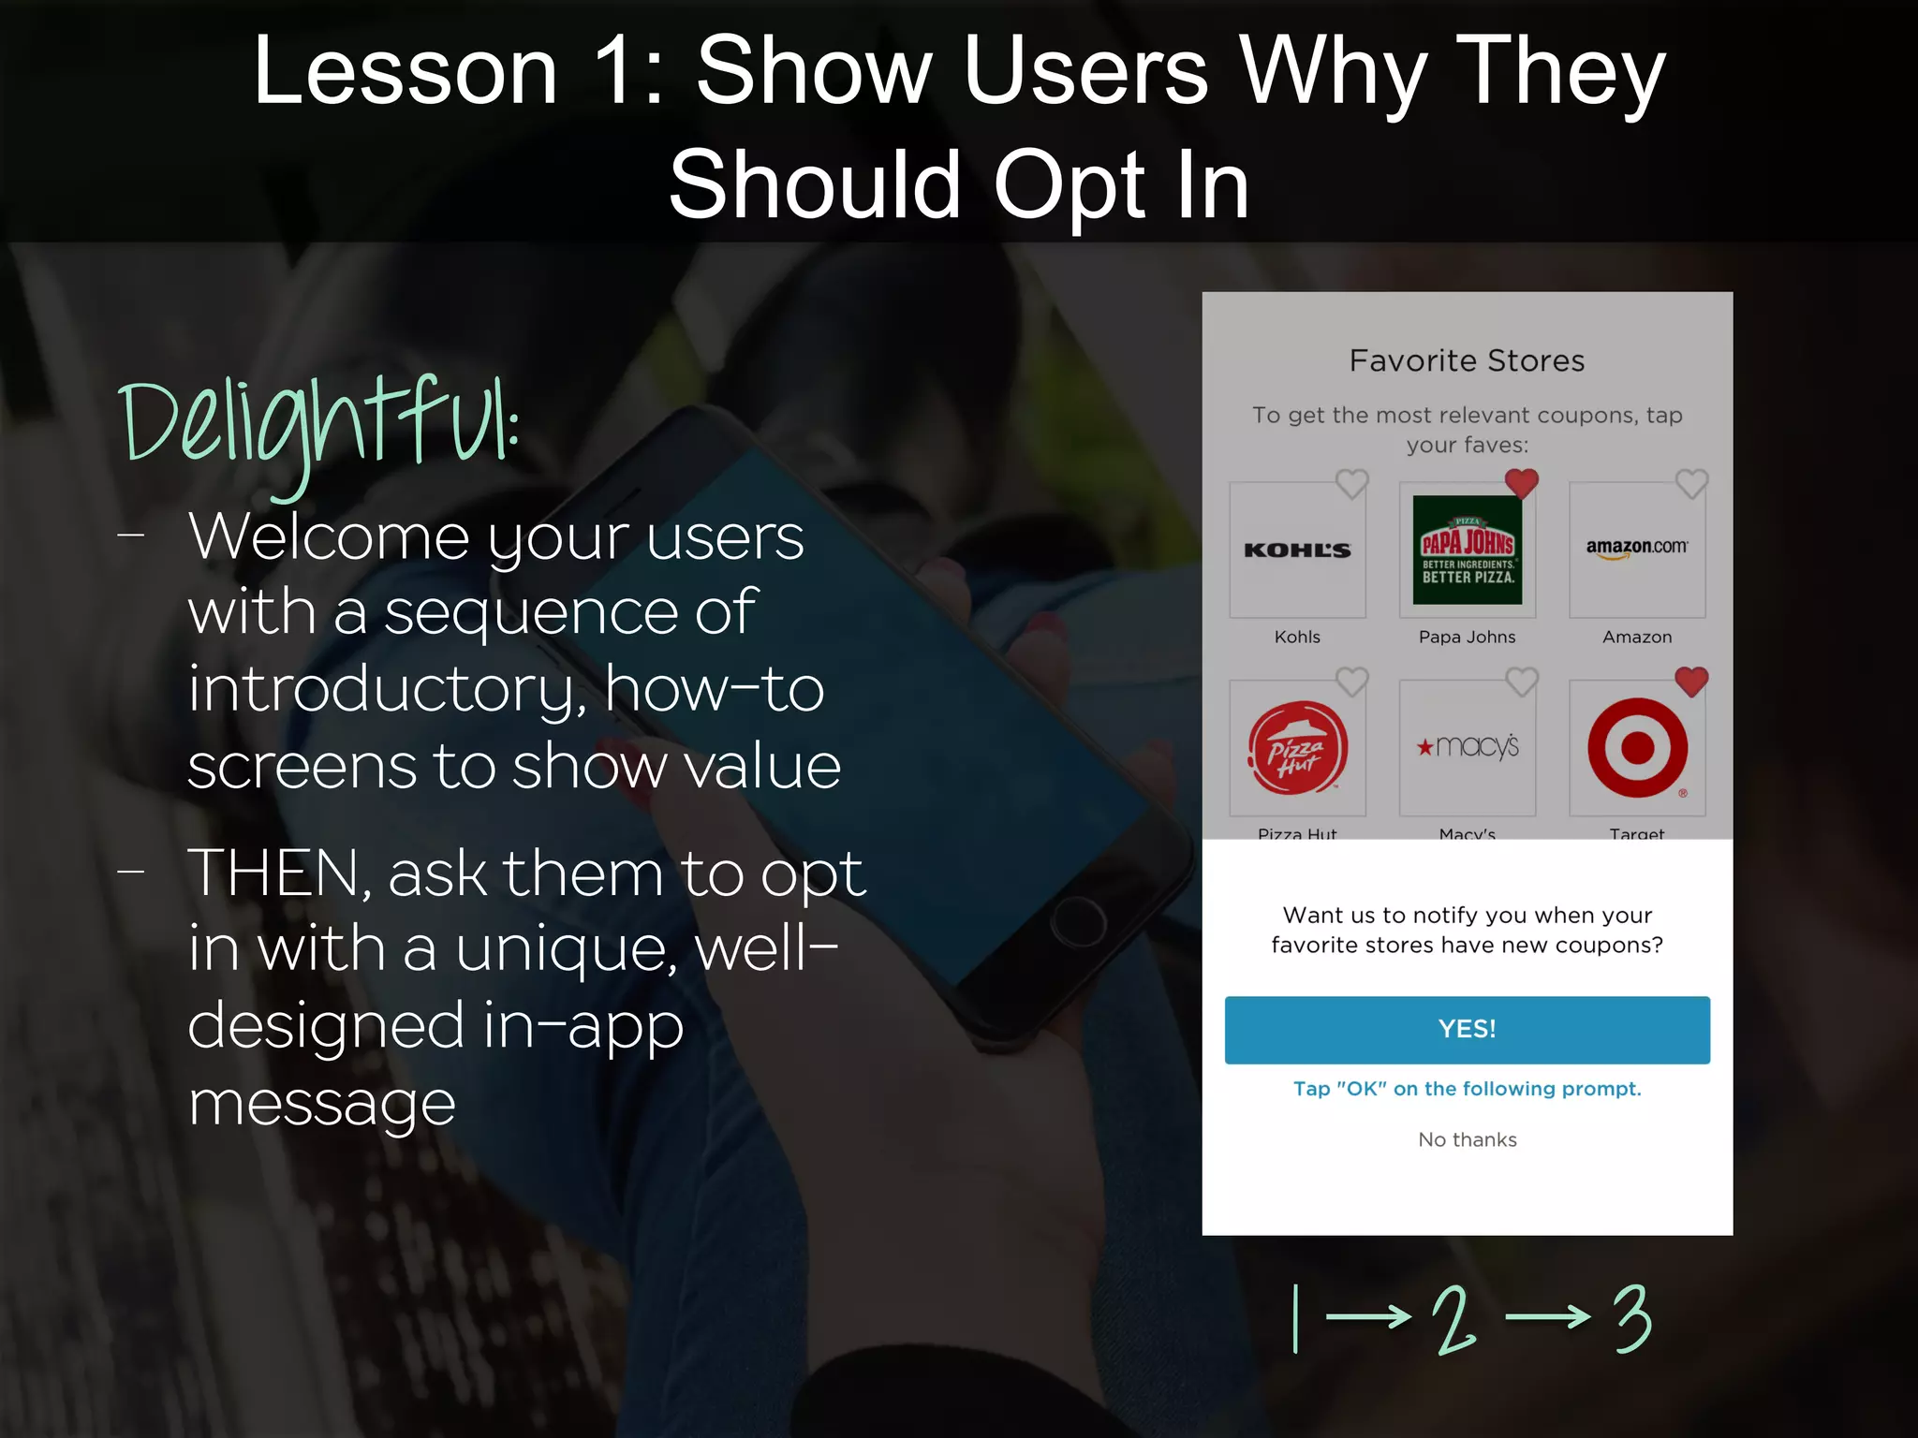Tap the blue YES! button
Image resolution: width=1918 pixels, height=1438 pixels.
(1467, 1029)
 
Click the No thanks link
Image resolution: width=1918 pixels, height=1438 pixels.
(1467, 1139)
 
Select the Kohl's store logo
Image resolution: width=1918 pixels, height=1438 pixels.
(1297, 550)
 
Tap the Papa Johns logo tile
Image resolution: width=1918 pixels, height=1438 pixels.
(1467, 550)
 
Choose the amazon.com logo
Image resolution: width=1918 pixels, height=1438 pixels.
(1636, 549)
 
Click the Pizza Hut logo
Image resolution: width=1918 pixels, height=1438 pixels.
(1297, 748)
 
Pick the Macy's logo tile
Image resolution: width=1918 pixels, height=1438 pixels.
(1467, 747)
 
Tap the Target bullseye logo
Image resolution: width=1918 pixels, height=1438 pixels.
(1637, 748)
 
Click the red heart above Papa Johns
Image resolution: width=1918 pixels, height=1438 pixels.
(1521, 483)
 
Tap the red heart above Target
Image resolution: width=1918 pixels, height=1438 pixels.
(1690, 682)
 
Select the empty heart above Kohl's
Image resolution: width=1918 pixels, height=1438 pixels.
(1351, 484)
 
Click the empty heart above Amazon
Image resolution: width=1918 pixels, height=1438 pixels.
(1691, 484)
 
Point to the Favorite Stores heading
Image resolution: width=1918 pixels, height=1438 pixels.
(1467, 360)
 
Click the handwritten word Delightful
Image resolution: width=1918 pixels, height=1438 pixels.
(318, 426)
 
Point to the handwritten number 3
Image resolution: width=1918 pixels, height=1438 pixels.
(1632, 1318)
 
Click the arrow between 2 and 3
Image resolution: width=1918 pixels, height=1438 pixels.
(1547, 1317)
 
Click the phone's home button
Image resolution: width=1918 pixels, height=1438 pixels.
(1077, 921)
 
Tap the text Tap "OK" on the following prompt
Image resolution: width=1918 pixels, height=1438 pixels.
(1467, 1089)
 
